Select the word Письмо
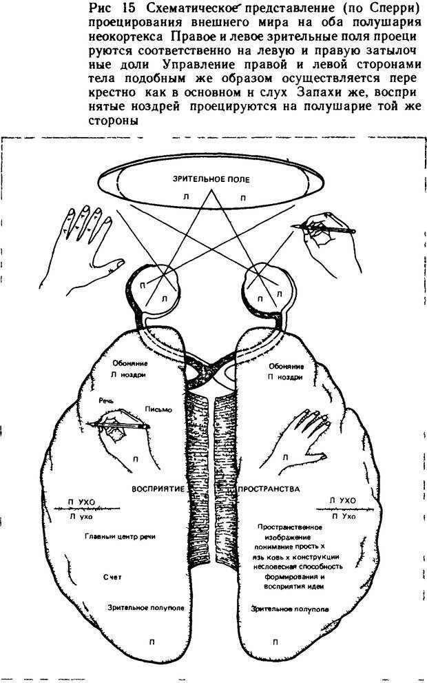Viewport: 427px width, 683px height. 158,409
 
